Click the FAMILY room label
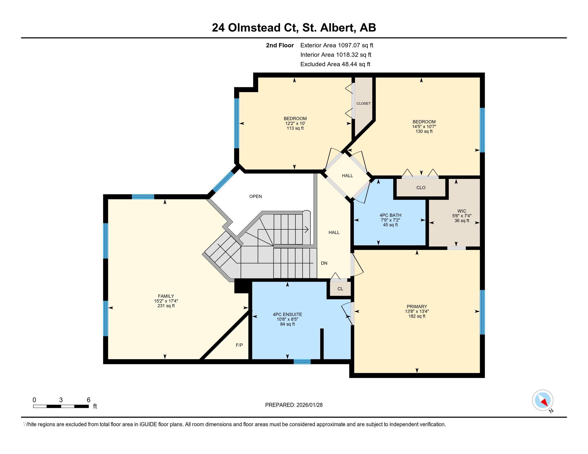(166, 296)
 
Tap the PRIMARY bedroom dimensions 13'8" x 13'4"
(417, 311)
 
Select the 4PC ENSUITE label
(287, 314)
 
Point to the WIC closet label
(462, 211)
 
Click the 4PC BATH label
(390, 215)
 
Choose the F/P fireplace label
(239, 345)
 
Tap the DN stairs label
(324, 263)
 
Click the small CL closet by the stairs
(340, 289)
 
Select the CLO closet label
(421, 188)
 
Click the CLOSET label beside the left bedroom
(363, 104)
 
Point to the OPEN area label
(255, 196)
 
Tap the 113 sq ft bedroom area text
(295, 128)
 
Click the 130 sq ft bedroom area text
(424, 131)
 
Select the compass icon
(543, 400)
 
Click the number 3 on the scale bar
(61, 400)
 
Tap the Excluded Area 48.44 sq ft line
(335, 64)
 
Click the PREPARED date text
(294, 405)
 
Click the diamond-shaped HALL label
(347, 176)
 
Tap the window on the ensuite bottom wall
(302, 362)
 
